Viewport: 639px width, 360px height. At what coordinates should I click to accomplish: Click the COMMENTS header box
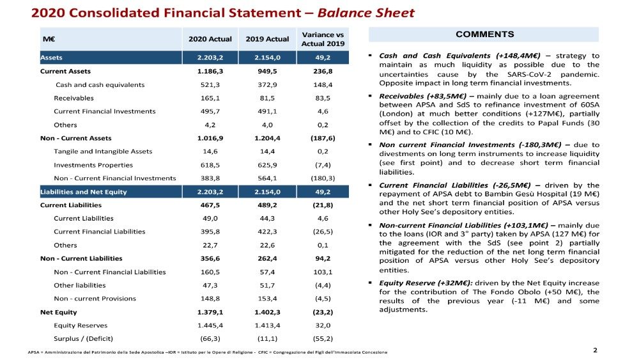click(484, 35)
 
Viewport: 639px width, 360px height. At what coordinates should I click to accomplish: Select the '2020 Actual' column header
click(210, 38)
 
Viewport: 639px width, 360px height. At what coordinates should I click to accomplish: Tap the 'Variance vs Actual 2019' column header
click(323, 38)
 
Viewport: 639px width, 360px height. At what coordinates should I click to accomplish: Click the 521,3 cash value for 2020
click(210, 84)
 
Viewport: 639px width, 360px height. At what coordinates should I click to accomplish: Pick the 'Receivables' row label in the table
click(73, 98)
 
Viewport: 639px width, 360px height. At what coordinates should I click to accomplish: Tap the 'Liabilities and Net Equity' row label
click(83, 192)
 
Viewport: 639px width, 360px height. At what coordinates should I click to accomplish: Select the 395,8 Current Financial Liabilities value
click(210, 231)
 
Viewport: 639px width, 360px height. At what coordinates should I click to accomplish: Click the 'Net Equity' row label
click(58, 312)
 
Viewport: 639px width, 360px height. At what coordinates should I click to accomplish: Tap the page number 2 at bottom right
click(595, 350)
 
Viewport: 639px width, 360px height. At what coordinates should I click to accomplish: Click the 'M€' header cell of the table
click(48, 38)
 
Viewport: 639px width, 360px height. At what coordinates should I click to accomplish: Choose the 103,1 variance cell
click(323, 272)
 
